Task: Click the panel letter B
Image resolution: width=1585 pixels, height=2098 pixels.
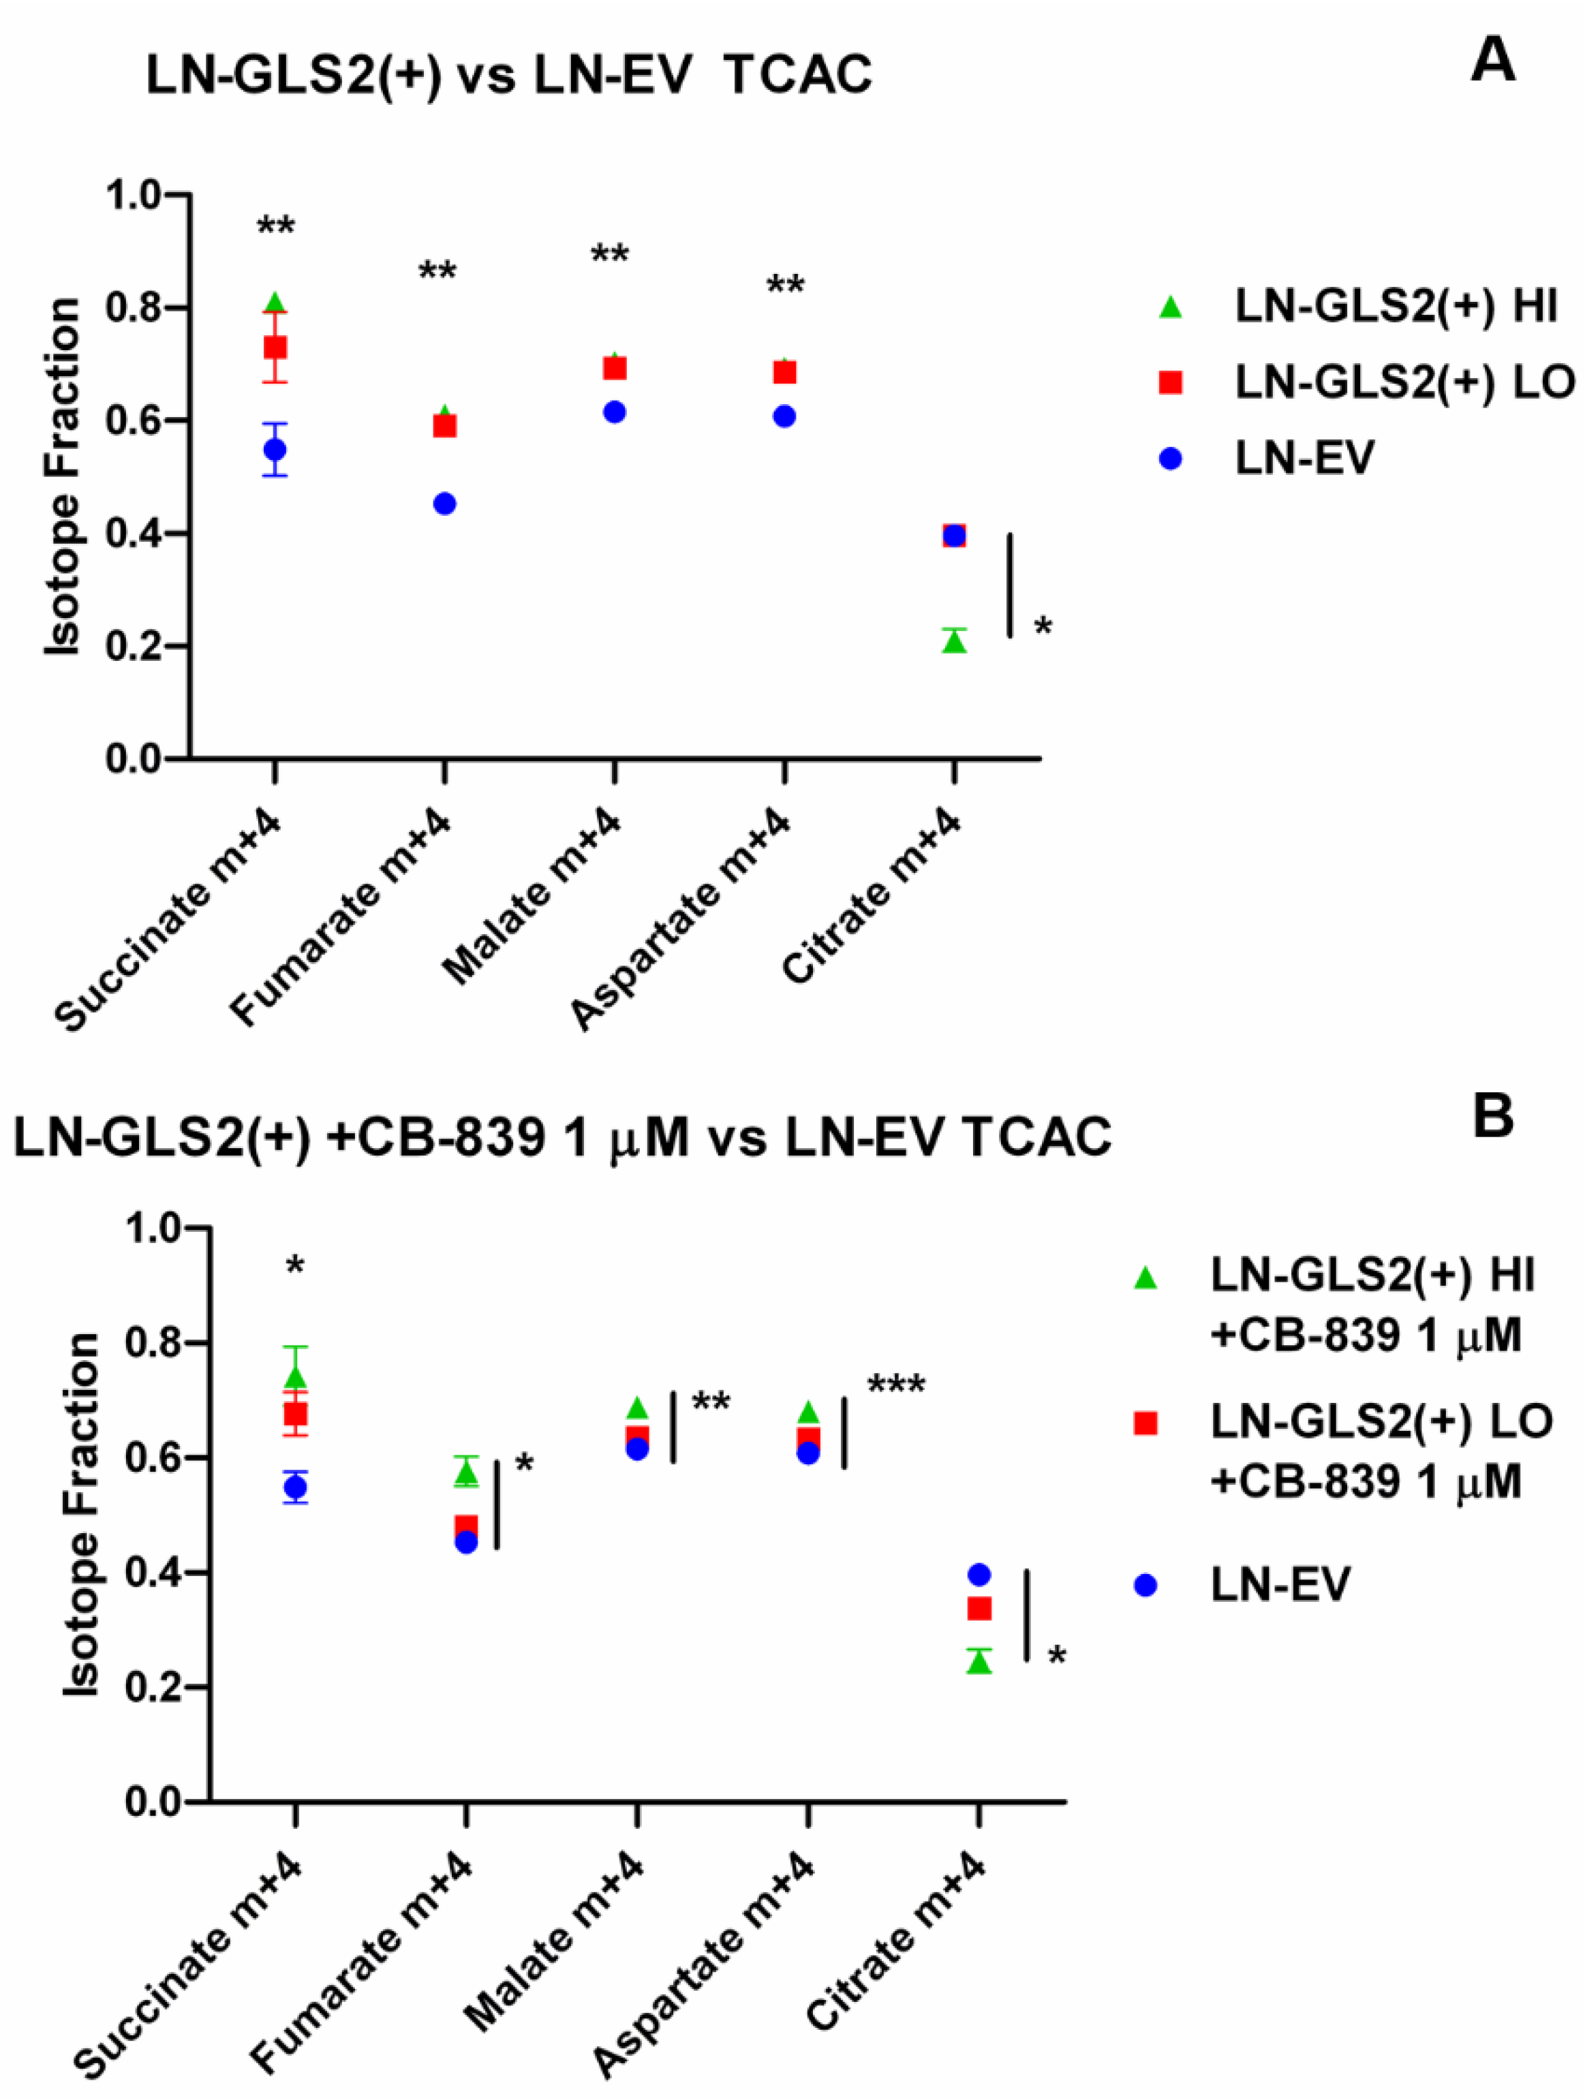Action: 1492,1117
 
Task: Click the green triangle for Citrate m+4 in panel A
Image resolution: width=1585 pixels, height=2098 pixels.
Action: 954,642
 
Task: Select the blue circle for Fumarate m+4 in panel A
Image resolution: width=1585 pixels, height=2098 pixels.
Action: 445,504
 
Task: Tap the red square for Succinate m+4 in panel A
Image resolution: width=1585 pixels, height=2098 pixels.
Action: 275,347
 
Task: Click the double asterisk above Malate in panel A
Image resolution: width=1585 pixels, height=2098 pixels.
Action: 610,255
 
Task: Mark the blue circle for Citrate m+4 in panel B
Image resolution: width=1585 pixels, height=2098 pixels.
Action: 979,1575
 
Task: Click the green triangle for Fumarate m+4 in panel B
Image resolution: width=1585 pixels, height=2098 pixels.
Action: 465,1472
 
